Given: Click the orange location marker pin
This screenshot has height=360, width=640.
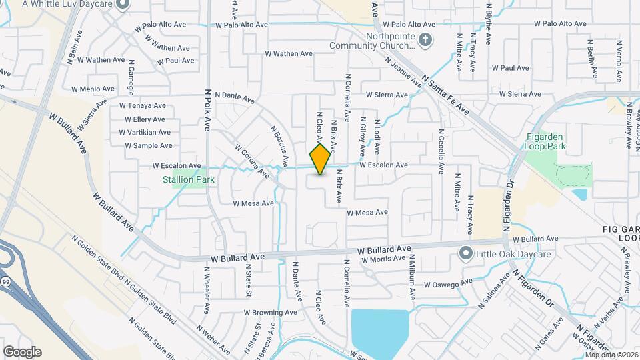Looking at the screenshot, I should click(x=321, y=159).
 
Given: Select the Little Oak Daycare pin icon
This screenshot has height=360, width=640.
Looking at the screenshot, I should click(x=465, y=253).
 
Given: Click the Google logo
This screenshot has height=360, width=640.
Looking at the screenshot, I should click(x=22, y=351).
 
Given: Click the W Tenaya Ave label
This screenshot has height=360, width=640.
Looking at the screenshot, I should click(x=143, y=105).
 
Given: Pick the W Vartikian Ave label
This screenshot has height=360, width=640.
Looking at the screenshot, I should click(x=145, y=132).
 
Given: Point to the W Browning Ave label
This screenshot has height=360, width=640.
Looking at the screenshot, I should click(x=270, y=312).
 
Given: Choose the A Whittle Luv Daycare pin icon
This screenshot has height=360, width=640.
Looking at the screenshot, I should click(x=121, y=5).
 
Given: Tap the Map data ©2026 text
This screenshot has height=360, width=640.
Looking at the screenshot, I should click(x=611, y=354).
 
